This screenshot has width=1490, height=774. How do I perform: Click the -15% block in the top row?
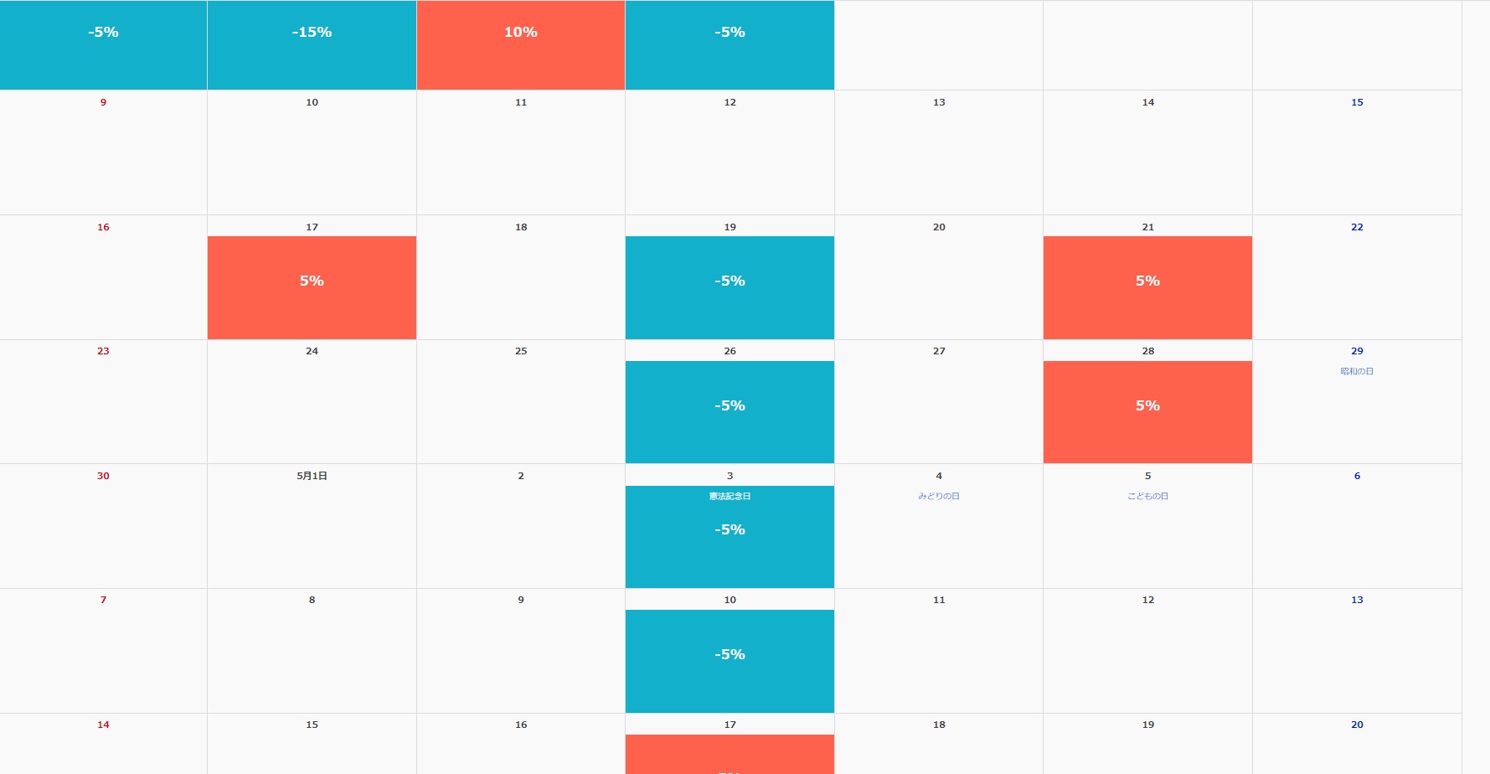tap(312, 44)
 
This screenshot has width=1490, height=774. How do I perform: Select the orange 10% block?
tap(520, 44)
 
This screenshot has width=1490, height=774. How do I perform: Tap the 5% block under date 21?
tap(1147, 287)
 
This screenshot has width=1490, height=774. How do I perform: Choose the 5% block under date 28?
tap(1147, 411)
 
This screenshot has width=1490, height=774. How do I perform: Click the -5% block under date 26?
tap(730, 411)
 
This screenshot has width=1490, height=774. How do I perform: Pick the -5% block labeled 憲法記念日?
tap(730, 536)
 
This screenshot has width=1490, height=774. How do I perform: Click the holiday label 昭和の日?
tap(1357, 371)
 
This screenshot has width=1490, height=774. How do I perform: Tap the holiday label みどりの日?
tap(939, 496)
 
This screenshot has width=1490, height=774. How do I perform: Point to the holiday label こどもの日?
tap(1147, 496)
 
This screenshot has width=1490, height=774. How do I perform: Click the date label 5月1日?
tap(312, 476)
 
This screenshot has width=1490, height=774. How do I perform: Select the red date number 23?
tap(103, 351)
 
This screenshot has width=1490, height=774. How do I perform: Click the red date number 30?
tap(103, 476)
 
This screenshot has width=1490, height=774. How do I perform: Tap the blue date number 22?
tap(1357, 227)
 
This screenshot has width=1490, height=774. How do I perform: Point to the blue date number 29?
tap(1357, 351)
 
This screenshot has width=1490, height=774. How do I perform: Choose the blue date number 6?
tap(1357, 476)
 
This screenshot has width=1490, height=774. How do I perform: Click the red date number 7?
tap(103, 600)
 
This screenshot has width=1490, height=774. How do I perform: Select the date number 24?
tap(312, 351)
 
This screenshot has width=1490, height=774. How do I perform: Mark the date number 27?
tap(939, 351)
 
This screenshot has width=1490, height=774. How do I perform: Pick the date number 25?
tap(521, 351)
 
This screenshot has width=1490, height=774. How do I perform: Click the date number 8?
tap(312, 600)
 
